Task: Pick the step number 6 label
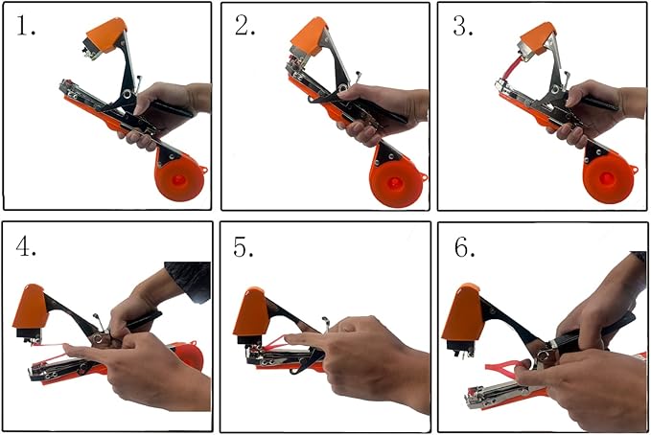[465, 248]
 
